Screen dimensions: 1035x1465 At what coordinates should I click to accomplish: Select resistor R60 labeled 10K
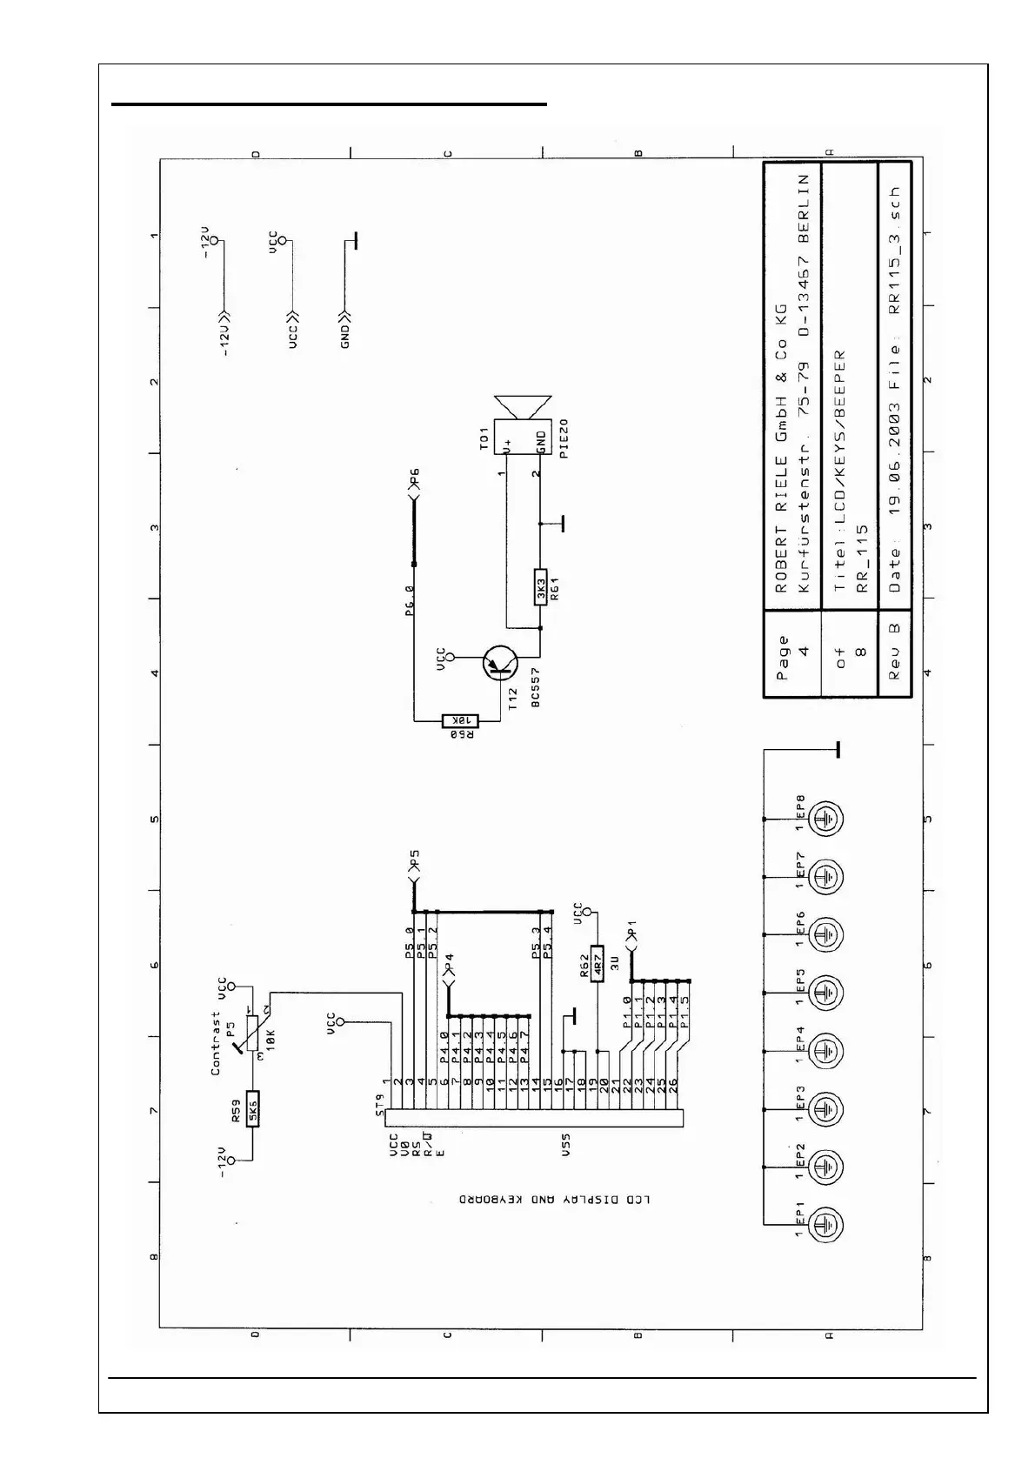[460, 720]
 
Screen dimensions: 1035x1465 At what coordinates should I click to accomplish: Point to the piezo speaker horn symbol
[523, 406]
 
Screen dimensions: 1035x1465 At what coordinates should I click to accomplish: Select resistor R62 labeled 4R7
[598, 963]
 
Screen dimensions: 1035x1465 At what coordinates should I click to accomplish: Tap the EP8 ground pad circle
[825, 819]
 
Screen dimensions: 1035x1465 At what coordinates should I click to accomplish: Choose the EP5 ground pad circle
[825, 993]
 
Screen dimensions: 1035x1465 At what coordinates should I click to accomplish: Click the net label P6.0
[410, 600]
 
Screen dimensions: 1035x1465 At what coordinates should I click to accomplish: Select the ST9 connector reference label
[379, 1105]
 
